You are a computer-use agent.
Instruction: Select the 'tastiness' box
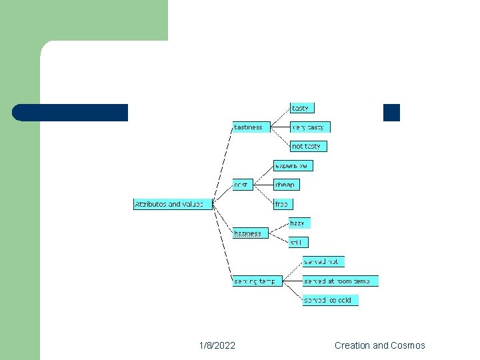(x=251, y=127)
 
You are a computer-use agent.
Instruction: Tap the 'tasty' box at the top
(x=301, y=108)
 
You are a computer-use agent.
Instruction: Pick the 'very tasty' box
(x=310, y=127)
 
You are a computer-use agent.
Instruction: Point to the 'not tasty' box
(x=309, y=146)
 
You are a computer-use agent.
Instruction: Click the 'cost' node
(x=243, y=184)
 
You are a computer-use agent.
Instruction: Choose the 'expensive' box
(x=293, y=165)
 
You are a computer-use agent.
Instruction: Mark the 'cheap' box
(x=286, y=185)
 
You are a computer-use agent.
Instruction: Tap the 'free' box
(x=283, y=204)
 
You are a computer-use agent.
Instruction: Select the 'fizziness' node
(x=250, y=233)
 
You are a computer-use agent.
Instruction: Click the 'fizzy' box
(x=299, y=223)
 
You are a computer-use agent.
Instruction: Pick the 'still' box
(x=298, y=243)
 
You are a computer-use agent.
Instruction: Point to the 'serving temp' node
(x=257, y=281)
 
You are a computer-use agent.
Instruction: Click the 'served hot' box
(x=323, y=261)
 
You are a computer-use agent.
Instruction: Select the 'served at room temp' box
(x=340, y=281)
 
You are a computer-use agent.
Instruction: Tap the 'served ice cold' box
(x=330, y=300)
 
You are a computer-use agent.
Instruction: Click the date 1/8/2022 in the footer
(x=217, y=345)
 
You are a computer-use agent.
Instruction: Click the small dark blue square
(x=391, y=113)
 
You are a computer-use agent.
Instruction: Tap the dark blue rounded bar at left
(x=71, y=113)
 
